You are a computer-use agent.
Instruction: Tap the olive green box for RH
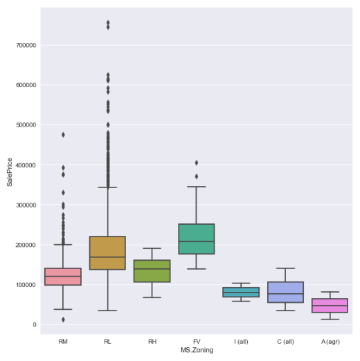tap(152, 271)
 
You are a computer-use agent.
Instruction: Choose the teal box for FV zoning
tap(196, 239)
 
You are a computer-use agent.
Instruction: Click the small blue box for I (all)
tap(241, 292)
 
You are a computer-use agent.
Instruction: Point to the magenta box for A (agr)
tap(330, 306)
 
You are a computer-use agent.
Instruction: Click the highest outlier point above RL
tap(107, 22)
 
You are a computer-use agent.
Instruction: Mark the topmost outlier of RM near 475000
tap(63, 134)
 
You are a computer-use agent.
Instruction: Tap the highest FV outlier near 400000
tap(196, 163)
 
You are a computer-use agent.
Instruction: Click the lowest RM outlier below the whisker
tap(63, 320)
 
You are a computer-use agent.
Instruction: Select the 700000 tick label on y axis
tap(26, 45)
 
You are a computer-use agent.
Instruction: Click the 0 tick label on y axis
tap(33, 324)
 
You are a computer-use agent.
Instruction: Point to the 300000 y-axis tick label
tap(26, 205)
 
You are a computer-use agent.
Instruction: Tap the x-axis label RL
tap(107, 342)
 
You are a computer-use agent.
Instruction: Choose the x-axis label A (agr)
tap(330, 342)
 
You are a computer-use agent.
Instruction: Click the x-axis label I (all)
tap(241, 342)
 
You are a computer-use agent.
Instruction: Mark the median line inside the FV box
tap(196, 241)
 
